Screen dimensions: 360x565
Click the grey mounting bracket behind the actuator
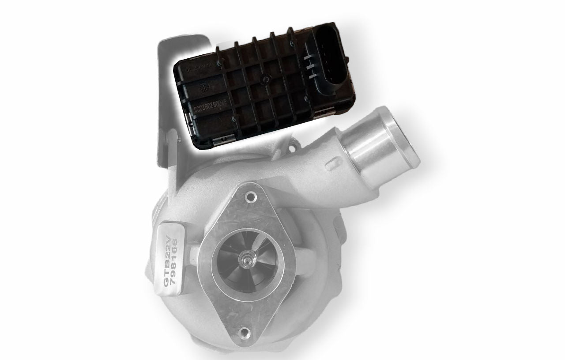tap(164, 110)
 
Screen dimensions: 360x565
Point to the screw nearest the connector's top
tap(292, 44)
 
